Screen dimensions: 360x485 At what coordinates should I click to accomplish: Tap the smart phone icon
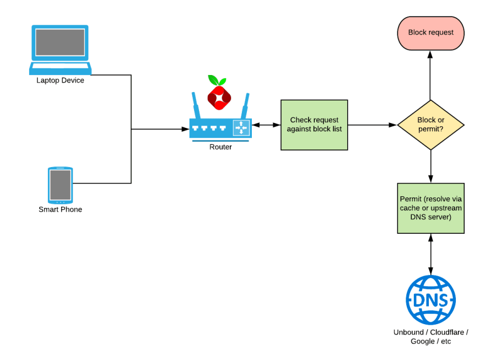pos(60,185)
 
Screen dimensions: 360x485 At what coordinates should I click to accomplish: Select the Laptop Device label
pos(60,80)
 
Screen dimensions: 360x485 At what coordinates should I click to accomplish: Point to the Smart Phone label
pos(60,209)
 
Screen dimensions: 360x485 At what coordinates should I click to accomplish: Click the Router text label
pos(220,147)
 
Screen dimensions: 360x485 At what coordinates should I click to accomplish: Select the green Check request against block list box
pos(314,125)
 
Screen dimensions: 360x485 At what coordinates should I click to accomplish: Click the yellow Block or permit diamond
pos(430,125)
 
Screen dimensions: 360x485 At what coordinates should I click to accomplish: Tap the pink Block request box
pos(430,33)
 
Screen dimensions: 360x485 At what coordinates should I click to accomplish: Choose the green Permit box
pos(430,208)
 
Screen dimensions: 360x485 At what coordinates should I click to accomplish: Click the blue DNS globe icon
pos(430,300)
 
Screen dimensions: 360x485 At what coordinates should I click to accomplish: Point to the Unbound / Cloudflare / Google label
pos(430,337)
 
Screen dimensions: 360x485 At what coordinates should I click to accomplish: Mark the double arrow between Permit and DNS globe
pos(430,254)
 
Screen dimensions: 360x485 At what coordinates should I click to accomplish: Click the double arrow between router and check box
pos(266,125)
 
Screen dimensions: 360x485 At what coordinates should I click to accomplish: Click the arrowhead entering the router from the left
pos(186,130)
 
